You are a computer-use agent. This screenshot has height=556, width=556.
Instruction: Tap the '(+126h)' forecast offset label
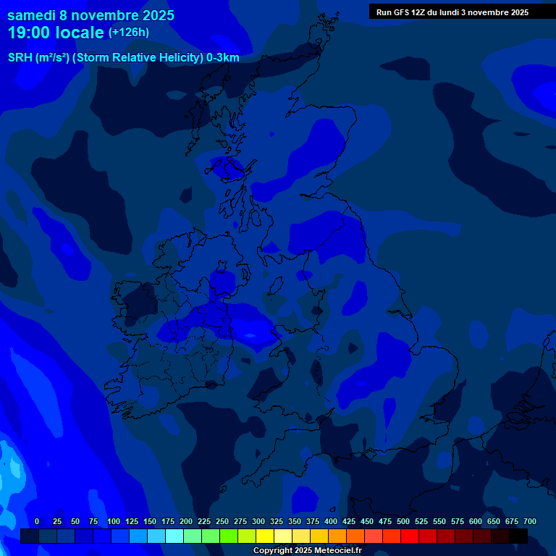click(129, 33)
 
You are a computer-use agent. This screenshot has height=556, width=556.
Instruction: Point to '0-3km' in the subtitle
click(222, 58)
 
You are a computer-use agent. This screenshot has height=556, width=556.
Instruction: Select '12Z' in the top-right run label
click(421, 12)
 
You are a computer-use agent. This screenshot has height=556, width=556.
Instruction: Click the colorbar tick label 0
click(37, 521)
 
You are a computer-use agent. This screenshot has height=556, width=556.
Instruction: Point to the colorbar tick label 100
click(114, 521)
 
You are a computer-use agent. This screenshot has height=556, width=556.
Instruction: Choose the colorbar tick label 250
click(222, 521)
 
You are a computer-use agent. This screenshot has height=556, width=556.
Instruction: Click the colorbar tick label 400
click(331, 521)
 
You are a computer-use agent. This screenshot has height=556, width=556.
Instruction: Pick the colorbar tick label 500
click(403, 521)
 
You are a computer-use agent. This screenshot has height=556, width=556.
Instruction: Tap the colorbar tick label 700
click(530, 521)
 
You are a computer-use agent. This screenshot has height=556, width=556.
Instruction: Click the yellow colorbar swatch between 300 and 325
click(265, 536)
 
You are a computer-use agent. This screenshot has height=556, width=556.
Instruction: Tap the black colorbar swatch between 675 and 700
click(518, 536)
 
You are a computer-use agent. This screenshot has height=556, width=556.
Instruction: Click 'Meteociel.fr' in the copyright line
click(338, 550)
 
